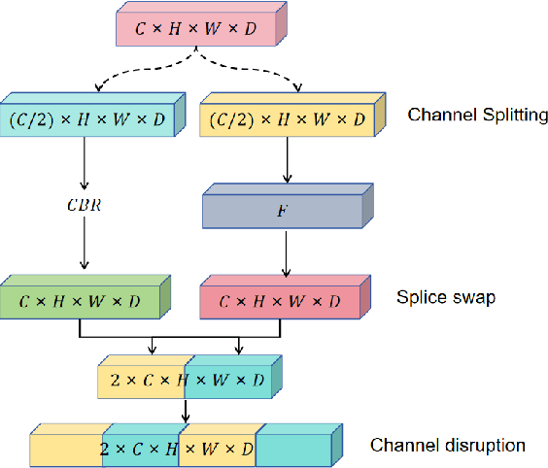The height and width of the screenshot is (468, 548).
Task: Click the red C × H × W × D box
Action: (283, 301)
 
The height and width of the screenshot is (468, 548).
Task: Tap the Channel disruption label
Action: (448, 446)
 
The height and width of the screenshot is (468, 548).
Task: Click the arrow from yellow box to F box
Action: (286, 161)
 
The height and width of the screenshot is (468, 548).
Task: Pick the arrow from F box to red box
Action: (286, 254)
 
